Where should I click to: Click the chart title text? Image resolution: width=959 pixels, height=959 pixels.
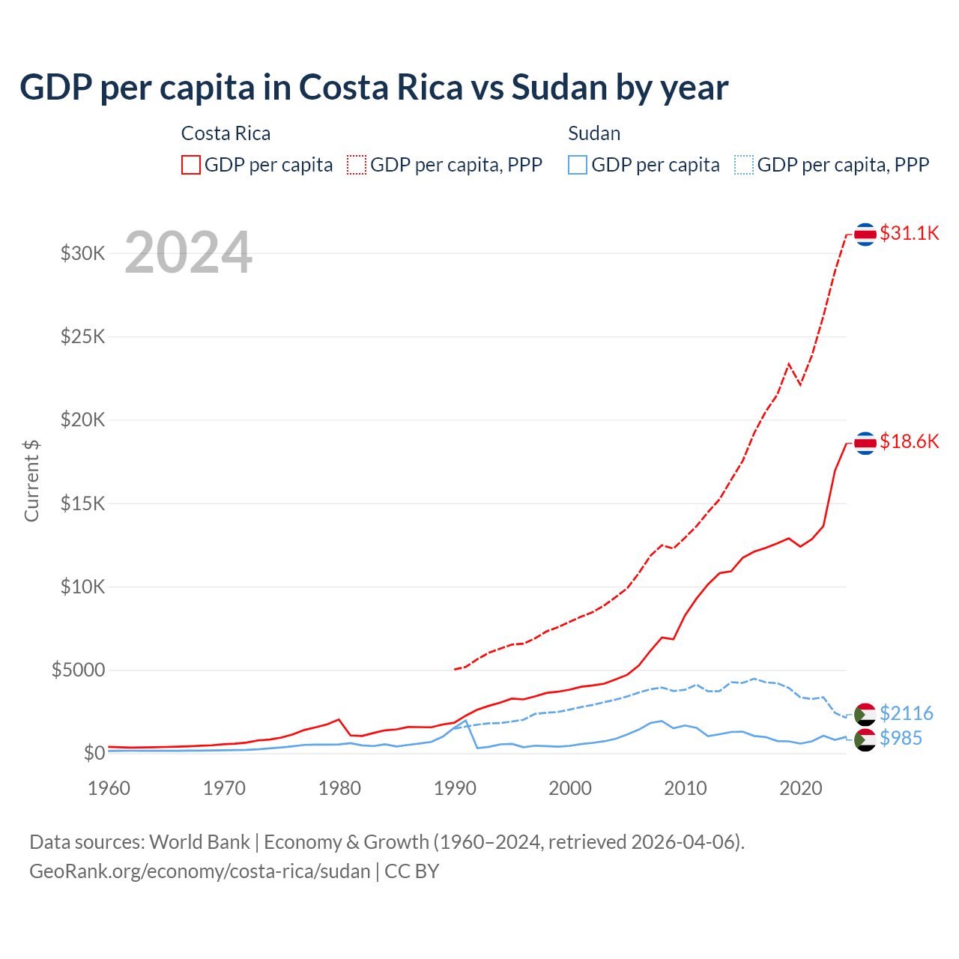tap(373, 88)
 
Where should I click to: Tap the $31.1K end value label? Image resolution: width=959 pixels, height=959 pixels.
tap(909, 233)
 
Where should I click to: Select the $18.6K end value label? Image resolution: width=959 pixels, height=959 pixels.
tap(909, 441)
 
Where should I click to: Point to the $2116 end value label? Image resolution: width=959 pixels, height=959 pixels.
tap(906, 713)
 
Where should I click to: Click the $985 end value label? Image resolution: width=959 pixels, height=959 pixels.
tap(901, 738)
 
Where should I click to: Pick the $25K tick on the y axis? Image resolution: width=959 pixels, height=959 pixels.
tap(83, 336)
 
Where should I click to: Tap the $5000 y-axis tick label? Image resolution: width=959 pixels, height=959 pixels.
tap(79, 670)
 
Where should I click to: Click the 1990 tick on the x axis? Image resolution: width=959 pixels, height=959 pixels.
tap(455, 788)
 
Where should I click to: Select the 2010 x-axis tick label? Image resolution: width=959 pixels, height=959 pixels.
tap(686, 788)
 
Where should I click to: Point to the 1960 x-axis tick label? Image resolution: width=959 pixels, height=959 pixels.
tap(109, 788)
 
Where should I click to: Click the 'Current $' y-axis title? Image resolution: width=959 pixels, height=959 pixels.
tap(31, 480)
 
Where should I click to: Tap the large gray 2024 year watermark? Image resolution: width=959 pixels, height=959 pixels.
tap(188, 252)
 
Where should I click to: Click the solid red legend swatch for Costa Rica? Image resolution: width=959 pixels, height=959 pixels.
tap(191, 165)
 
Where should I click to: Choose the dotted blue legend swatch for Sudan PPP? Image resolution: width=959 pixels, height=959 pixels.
tap(744, 165)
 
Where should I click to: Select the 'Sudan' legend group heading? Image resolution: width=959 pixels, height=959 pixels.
tap(594, 133)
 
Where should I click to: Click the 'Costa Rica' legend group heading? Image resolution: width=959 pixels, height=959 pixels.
tap(226, 133)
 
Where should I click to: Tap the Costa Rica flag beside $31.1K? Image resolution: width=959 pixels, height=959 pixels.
tap(865, 235)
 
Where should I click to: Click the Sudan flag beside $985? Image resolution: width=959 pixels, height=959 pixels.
tap(865, 740)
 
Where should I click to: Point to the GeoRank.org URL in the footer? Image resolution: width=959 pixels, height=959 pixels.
tap(200, 871)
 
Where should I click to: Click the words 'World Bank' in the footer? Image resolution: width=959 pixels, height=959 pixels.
tap(199, 842)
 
